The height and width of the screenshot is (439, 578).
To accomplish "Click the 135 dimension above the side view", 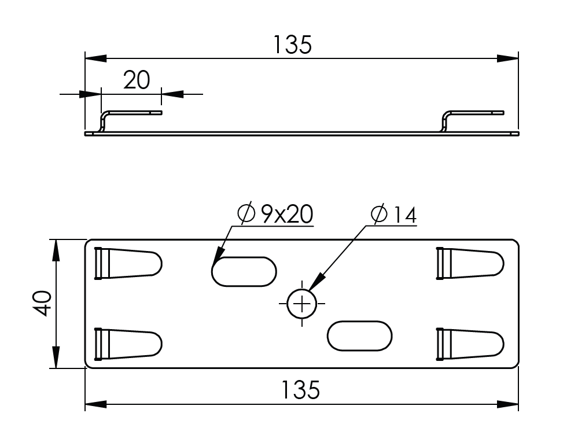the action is pyautogui.click(x=292, y=45).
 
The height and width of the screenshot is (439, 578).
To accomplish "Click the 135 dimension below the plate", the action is pyautogui.click(x=300, y=390).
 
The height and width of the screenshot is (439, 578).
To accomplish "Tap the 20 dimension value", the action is pyautogui.click(x=137, y=80).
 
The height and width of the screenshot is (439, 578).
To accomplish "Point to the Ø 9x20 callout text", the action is pyautogui.click(x=275, y=214).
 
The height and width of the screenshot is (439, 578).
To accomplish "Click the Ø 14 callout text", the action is pyautogui.click(x=393, y=215).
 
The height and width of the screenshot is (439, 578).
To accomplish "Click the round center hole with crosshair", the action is pyautogui.click(x=302, y=304).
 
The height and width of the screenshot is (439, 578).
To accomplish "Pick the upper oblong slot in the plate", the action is pyautogui.click(x=244, y=272).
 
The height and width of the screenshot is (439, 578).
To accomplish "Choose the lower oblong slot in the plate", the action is pyautogui.click(x=359, y=336).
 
